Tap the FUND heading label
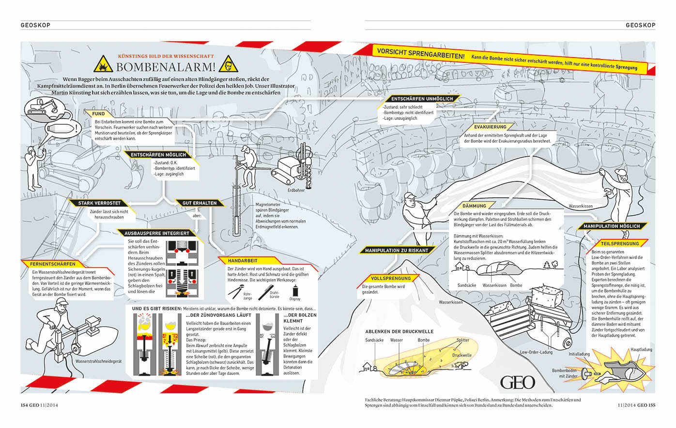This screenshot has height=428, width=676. coord(99,114)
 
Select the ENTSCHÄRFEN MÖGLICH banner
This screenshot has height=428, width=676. coord(158,155)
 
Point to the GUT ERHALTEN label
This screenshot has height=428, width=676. coord(200,203)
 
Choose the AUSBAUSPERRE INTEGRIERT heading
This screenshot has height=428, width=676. coord(156,233)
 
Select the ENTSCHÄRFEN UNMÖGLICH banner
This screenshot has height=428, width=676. coord(422,99)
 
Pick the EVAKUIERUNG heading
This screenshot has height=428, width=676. coord(490,127)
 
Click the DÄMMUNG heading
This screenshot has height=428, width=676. coord(474,206)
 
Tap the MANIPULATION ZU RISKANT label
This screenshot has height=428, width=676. coord(397,251)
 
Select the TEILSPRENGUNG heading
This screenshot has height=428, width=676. coord(620,244)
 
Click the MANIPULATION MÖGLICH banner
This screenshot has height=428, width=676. coord(611,226)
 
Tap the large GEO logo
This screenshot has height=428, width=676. coord(518,382)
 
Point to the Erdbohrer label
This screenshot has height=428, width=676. coord(296,190)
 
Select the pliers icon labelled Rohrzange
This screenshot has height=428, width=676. coord(236,290)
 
